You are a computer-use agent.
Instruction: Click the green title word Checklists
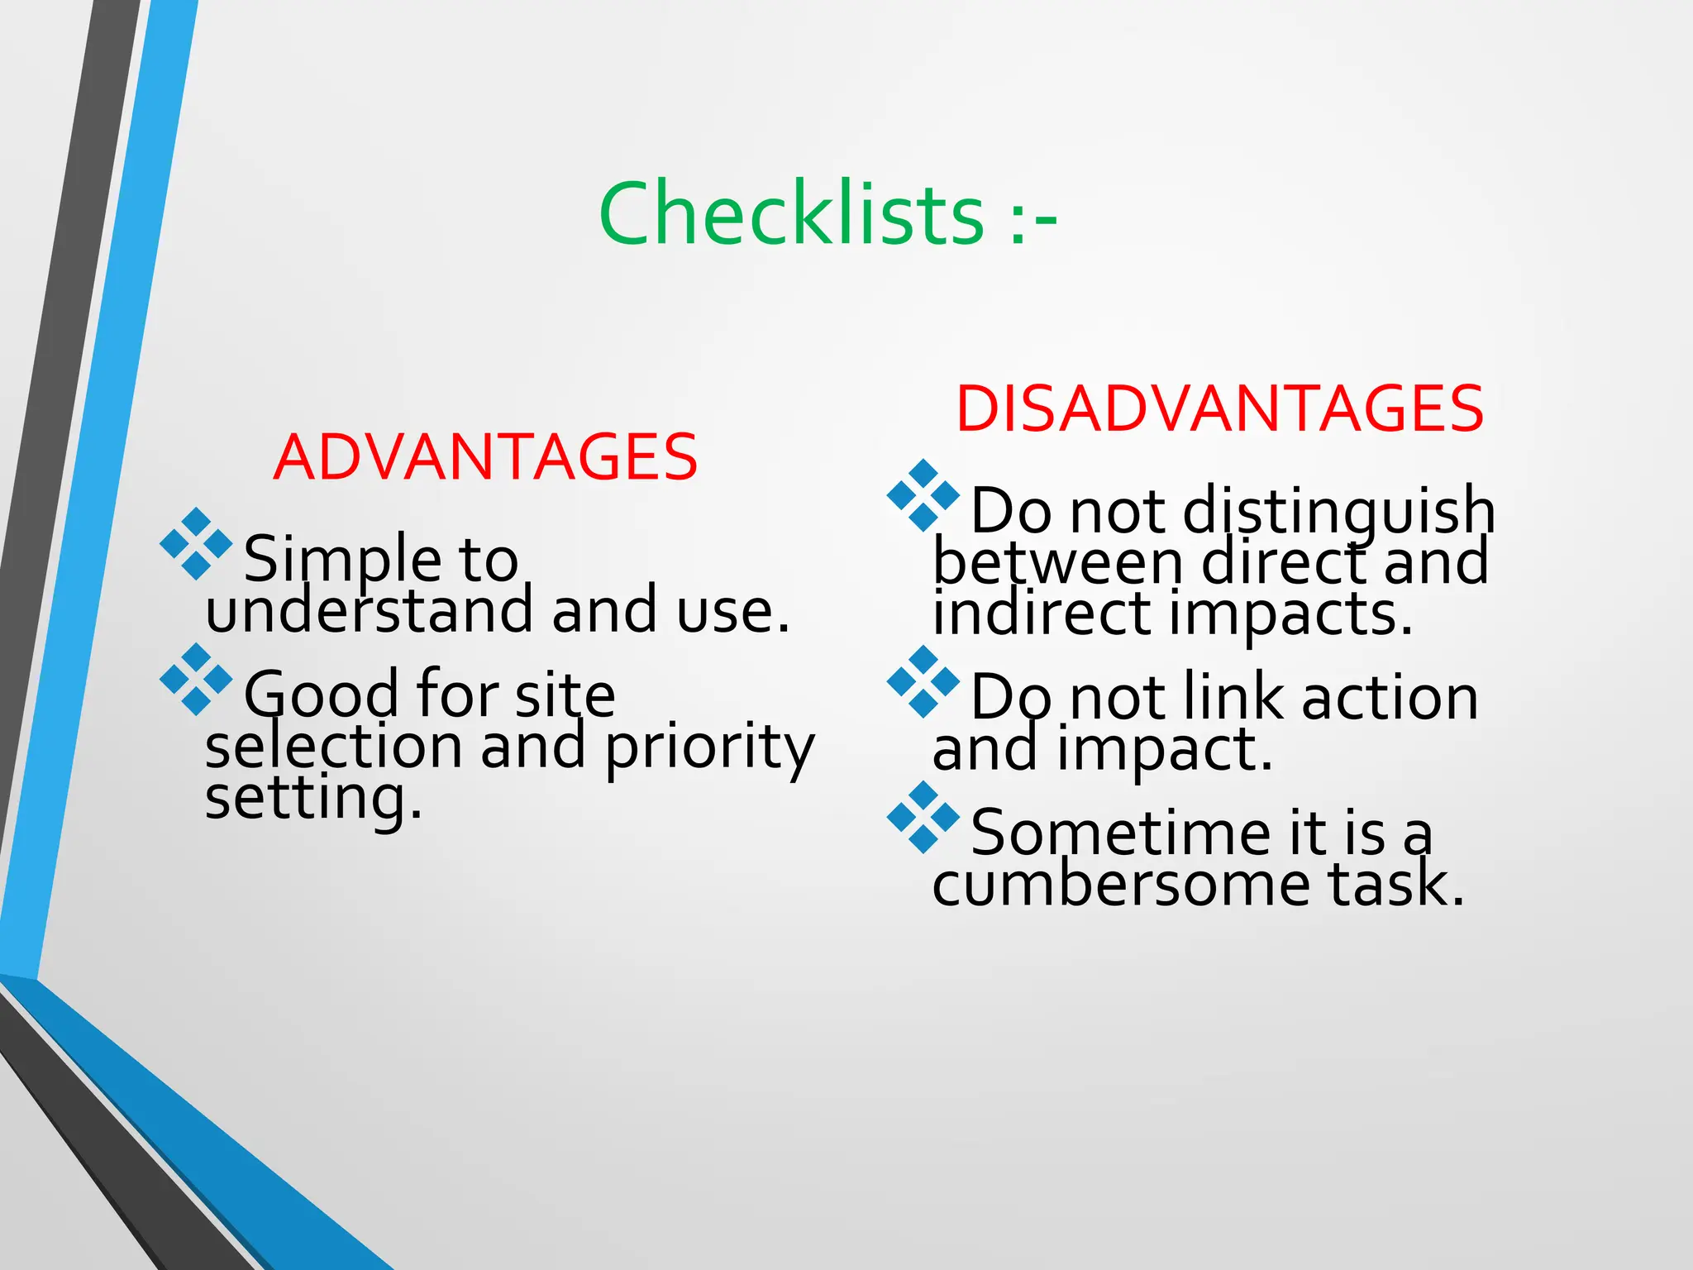pos(791,215)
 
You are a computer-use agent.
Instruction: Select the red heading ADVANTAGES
pos(485,457)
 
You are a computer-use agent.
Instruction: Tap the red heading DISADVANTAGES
pos(1219,408)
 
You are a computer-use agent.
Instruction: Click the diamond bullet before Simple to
pos(196,544)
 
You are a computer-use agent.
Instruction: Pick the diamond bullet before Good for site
pos(196,679)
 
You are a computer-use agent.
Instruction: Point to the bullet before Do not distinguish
pos(923,495)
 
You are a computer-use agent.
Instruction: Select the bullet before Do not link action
pos(923,682)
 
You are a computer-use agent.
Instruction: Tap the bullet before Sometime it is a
pos(923,817)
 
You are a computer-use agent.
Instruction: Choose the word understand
pos(370,610)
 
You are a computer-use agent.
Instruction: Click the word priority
pos(709,746)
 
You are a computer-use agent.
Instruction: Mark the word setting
pos(313,798)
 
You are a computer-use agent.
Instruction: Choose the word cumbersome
pos(1121,885)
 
